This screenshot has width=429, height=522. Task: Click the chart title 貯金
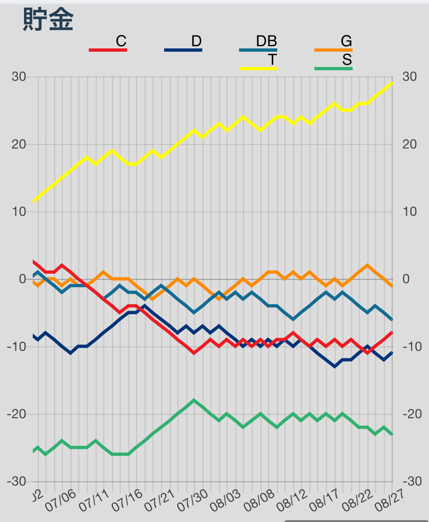pyautogui.click(x=48, y=19)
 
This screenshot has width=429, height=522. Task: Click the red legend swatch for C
pyautogui.click(x=108, y=50)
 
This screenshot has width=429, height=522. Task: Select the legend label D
pyautogui.click(x=196, y=41)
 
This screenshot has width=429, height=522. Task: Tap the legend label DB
pyautogui.click(x=266, y=41)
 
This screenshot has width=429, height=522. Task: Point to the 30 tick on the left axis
pyautogui.click(x=19, y=77)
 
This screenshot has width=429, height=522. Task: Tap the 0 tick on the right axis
pyautogui.click(x=406, y=279)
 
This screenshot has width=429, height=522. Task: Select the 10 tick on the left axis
pyautogui.click(x=19, y=212)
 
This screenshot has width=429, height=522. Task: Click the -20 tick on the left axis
pyautogui.click(x=17, y=414)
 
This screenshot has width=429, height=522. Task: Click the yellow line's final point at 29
pyautogui.click(x=392, y=83)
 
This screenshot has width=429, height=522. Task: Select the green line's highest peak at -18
pyautogui.click(x=194, y=400)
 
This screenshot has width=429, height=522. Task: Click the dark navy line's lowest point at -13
pyautogui.click(x=334, y=367)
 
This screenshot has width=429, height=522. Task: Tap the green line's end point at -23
pyautogui.click(x=392, y=434)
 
